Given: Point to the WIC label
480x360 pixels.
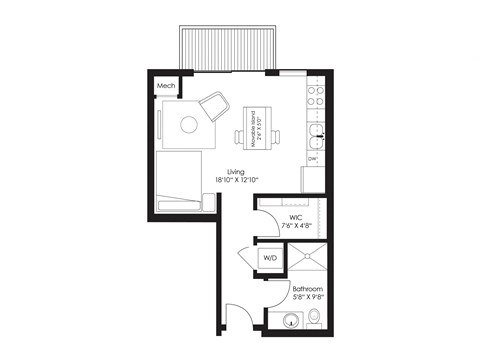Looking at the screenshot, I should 296,216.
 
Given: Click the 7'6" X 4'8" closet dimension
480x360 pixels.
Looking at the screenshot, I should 296,226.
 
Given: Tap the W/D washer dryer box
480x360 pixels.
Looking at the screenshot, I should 270,258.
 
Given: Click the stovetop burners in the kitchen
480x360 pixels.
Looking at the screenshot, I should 315,96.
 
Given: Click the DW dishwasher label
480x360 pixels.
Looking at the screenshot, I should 313,159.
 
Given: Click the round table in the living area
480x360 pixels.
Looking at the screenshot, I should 189,125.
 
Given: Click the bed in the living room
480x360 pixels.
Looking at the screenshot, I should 180,180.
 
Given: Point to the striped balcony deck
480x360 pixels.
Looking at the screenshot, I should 227,48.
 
